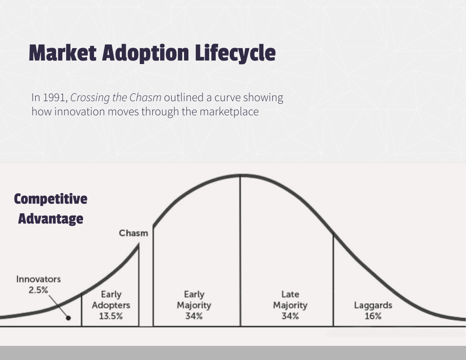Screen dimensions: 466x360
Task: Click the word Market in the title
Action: [x=62, y=53]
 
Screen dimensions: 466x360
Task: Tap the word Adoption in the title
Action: [x=145, y=53]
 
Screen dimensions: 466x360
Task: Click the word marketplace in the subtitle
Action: [x=229, y=112]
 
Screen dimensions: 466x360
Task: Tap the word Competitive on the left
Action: [x=50, y=199]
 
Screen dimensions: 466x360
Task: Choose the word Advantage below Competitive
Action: [x=50, y=219]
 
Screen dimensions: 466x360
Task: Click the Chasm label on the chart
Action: [x=133, y=233]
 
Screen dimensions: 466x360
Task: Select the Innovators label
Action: [x=38, y=279]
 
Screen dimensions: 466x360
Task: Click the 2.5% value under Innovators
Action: [x=38, y=290]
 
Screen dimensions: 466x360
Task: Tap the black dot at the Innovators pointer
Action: [x=68, y=318]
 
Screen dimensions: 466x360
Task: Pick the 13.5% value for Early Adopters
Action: [x=111, y=316]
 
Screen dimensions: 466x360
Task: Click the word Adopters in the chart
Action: [x=111, y=305]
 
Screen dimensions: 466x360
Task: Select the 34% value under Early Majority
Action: [x=194, y=316]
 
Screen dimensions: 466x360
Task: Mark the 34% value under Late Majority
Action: [x=290, y=316]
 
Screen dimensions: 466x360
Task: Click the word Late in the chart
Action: [x=290, y=294]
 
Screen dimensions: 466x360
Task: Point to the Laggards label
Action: [x=373, y=305]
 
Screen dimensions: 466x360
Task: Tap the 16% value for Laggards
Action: [x=373, y=316]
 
